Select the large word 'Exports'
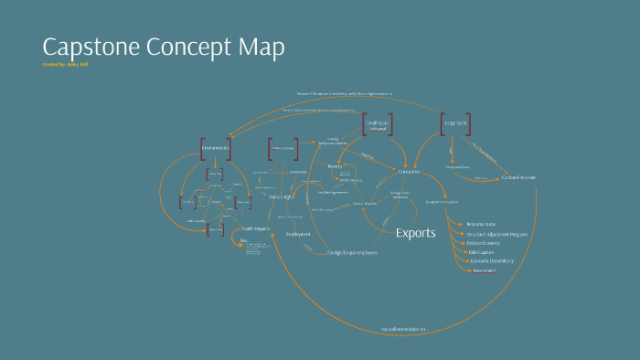point(415,233)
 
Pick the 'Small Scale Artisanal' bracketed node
point(378,125)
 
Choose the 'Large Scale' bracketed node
point(454,122)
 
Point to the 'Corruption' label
point(409,172)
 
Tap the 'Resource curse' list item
point(481,224)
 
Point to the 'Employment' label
point(298,234)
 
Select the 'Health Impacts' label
point(255,228)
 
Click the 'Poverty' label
point(335,166)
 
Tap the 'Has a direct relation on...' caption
point(403,329)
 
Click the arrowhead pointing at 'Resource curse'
point(460,224)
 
